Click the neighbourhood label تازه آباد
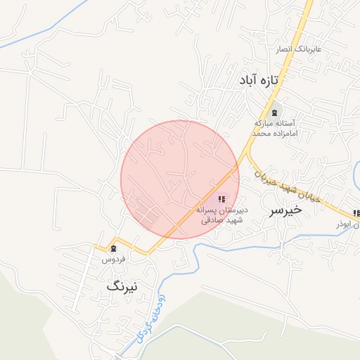click(259, 81)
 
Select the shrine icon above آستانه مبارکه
click(275, 112)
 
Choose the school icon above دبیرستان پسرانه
click(222, 200)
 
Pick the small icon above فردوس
click(113, 249)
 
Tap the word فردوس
click(114, 259)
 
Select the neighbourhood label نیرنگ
click(123, 286)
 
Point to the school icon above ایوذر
click(356, 212)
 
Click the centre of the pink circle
click(180, 180)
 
